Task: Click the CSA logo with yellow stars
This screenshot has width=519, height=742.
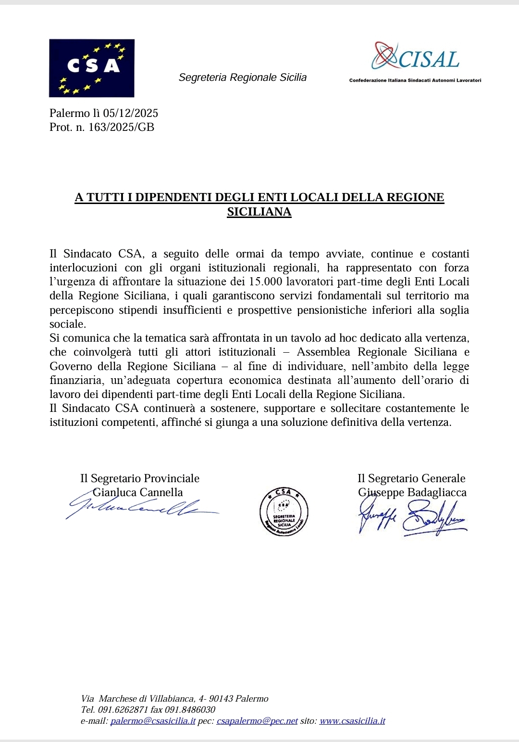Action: (91, 68)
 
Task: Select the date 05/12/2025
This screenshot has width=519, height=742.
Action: (130, 113)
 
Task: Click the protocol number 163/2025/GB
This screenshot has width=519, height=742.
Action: (121, 127)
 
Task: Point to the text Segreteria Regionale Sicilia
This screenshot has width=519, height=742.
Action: (242, 77)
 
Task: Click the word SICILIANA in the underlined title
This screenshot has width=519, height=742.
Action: (259, 212)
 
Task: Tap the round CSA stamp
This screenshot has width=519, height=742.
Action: (284, 511)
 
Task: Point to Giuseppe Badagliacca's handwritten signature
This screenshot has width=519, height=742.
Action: (412, 518)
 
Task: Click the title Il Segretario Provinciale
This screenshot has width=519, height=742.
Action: (139, 478)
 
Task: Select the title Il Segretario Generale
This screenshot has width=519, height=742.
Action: (411, 478)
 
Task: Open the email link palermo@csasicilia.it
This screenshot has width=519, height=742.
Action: (153, 721)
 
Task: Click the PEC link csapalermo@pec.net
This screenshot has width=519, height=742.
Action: (257, 721)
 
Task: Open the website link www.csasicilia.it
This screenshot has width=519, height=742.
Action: (352, 721)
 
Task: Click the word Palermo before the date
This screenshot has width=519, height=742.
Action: (70, 113)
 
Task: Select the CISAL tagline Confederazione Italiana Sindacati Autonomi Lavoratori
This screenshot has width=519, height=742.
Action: (415, 80)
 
